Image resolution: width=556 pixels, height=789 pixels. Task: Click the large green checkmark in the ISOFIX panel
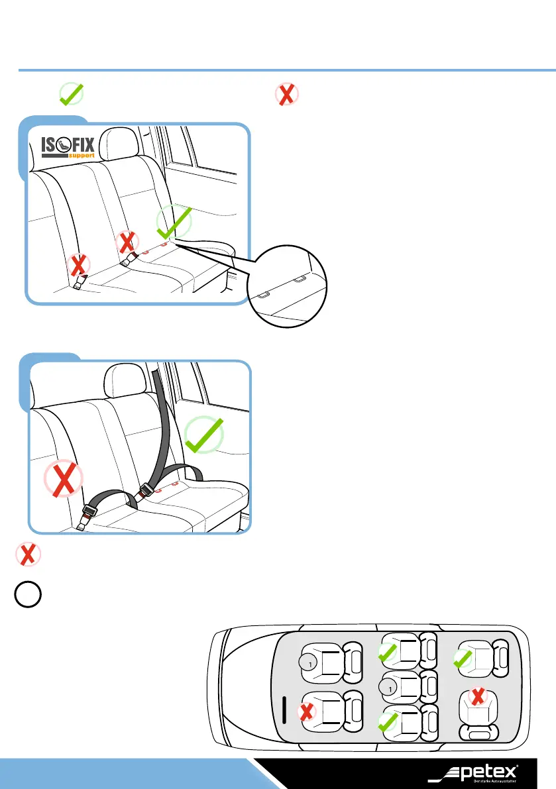174,223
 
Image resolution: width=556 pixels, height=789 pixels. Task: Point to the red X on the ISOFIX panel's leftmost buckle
79,266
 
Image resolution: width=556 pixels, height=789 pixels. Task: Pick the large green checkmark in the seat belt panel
205,435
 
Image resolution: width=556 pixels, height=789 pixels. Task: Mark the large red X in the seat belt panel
63,478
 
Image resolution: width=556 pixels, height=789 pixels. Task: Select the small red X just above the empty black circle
27,554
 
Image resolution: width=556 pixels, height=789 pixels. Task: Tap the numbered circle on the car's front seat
307,660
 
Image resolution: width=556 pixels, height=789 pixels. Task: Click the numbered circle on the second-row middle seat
390,690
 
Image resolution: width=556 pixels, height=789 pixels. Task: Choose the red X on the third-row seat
476,696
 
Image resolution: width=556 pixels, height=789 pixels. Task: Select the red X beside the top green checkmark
286,95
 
